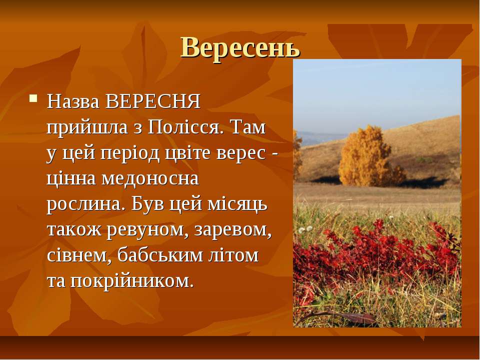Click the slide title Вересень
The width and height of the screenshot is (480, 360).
coord(240,48)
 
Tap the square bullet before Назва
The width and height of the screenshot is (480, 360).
coord(33,98)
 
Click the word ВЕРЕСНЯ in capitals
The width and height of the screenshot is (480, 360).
coord(152,101)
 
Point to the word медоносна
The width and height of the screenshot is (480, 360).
coord(150,178)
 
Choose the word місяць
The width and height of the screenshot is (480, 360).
coord(237,204)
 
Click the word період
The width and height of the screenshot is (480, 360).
coord(130,153)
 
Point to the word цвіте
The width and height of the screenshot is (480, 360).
coord(188,153)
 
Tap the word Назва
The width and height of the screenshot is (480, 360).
coord(73,102)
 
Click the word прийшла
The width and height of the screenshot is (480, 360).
coord(87,127)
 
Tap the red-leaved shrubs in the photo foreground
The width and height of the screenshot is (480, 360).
coord(377,256)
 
